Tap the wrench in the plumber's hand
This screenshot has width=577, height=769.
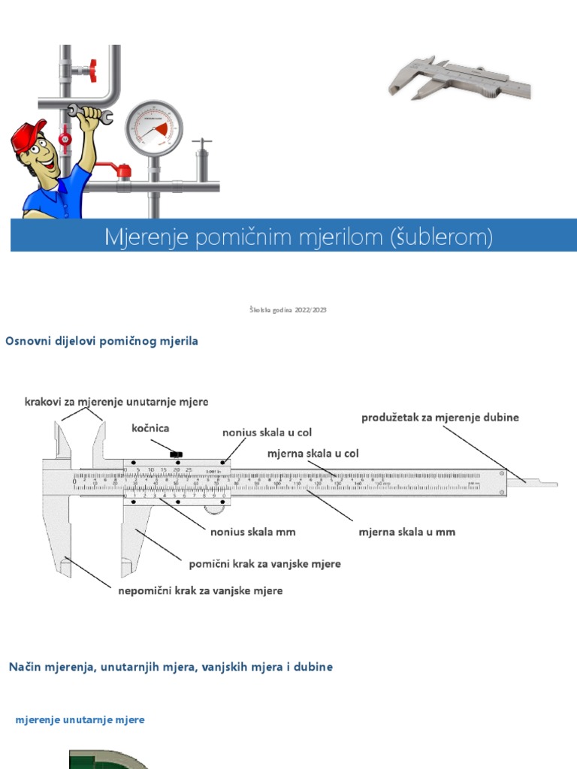click(x=90, y=113)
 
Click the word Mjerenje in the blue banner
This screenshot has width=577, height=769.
click(x=146, y=237)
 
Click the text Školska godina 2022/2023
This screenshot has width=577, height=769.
click(x=288, y=309)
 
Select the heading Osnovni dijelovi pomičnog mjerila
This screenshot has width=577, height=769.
click(x=101, y=341)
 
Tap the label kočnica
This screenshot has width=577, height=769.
click(x=150, y=428)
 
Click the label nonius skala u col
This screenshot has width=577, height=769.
click(x=267, y=433)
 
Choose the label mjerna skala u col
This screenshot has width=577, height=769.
click(x=313, y=454)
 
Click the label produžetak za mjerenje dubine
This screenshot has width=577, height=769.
click(x=440, y=417)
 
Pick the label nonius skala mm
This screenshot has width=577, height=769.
click(x=252, y=532)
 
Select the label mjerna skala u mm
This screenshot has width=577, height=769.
click(x=406, y=532)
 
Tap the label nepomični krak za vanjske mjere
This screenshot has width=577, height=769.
click(x=201, y=590)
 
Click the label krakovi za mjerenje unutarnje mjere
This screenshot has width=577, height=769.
click(x=116, y=402)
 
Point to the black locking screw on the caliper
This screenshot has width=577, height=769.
click(x=177, y=454)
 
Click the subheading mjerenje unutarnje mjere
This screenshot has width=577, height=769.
click(x=80, y=719)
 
